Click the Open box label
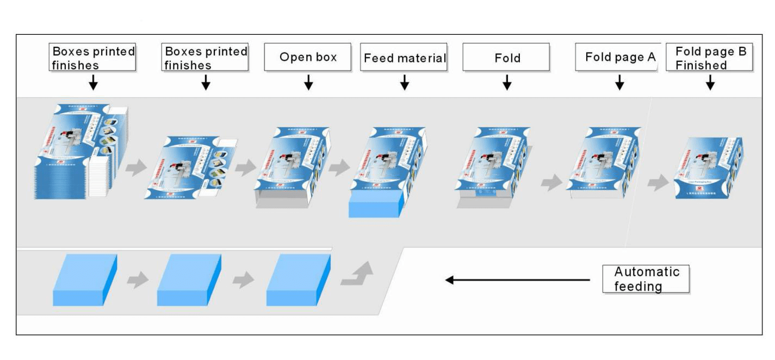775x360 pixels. pyautogui.click(x=308, y=57)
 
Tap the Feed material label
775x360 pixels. pyautogui.click(x=404, y=57)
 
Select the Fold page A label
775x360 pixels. pyautogui.click(x=618, y=57)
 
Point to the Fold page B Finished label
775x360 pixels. pyautogui.click(x=710, y=58)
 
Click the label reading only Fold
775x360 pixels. pyautogui.click(x=506, y=57)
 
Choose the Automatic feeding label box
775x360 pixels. pyautogui.click(x=646, y=278)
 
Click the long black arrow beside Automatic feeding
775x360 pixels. pyautogui.click(x=517, y=280)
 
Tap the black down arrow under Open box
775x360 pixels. pyautogui.click(x=308, y=82)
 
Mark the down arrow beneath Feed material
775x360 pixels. pyautogui.click(x=404, y=82)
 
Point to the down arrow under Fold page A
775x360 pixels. pyautogui.click(x=619, y=82)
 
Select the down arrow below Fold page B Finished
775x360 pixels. pyautogui.click(x=710, y=82)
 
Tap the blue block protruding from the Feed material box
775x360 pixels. pyautogui.click(x=375, y=204)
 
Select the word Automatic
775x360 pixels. pyautogui.click(x=647, y=271)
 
